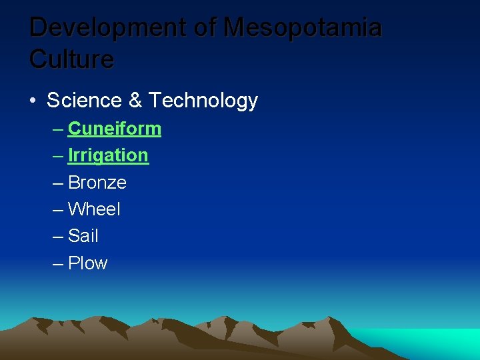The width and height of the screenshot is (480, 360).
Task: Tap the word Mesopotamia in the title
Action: click(x=303, y=28)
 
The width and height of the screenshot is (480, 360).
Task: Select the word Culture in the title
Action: click(x=72, y=59)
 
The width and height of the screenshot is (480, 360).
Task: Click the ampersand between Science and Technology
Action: click(x=134, y=101)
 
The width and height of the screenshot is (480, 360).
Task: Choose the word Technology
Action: click(x=203, y=101)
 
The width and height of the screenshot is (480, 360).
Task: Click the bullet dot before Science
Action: click(x=33, y=101)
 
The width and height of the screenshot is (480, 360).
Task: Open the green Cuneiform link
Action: click(x=115, y=128)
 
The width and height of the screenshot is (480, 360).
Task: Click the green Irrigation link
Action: click(x=108, y=155)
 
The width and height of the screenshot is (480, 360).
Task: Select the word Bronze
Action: click(x=97, y=183)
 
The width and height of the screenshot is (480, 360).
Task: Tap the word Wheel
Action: click(x=95, y=209)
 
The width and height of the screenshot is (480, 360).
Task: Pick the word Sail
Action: click(x=83, y=236)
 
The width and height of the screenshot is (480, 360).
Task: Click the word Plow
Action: click(x=87, y=263)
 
